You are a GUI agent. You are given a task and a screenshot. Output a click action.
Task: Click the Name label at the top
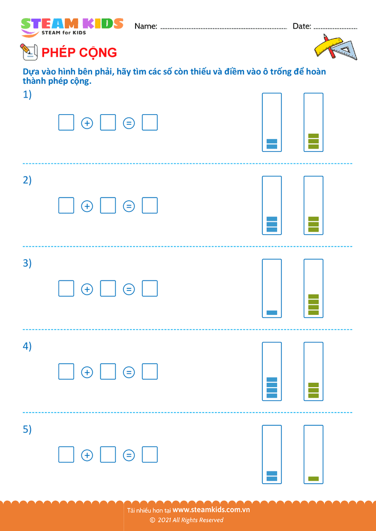146,26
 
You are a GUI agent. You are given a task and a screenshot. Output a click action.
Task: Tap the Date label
302,26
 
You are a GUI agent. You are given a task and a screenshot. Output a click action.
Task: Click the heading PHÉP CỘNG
79,53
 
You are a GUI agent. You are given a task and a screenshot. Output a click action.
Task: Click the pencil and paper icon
28,52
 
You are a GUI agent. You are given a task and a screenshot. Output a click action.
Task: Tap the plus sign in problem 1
87,123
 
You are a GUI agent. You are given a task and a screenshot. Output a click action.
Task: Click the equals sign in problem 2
129,206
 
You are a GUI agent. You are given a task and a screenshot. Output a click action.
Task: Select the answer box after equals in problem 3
150,289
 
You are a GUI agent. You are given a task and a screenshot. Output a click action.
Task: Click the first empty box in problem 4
66,372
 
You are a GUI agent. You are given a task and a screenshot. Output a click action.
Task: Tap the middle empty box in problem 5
108,455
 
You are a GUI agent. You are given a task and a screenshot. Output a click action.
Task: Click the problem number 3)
27,263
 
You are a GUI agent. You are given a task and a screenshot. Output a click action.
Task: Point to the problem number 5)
27,429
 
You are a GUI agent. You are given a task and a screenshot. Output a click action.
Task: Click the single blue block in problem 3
272,313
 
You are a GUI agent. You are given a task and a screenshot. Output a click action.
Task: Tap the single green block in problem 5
313,478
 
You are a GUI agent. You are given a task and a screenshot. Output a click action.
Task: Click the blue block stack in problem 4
272,388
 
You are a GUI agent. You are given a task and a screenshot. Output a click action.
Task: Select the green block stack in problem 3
313,305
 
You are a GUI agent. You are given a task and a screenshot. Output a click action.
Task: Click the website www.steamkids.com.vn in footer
211,510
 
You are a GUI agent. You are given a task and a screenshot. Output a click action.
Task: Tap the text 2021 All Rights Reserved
190,520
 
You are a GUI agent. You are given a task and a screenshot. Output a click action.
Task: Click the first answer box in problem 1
66,123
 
